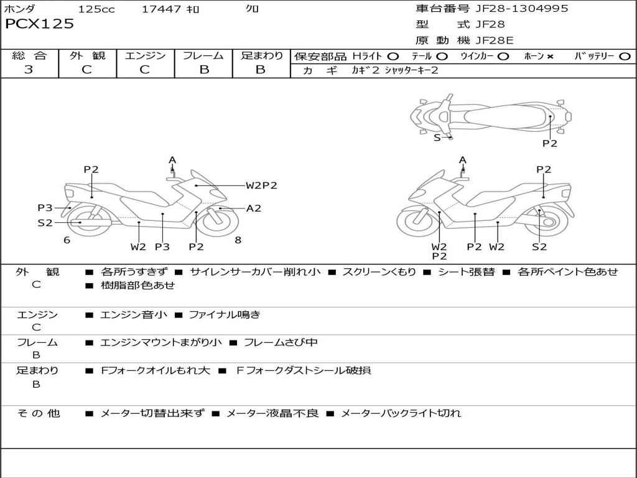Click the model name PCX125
[39, 24]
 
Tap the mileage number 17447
[161, 9]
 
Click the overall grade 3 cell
[29, 70]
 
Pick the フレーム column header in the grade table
[203, 56]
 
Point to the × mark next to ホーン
[550, 57]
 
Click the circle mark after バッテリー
[625, 57]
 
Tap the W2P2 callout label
[261, 185]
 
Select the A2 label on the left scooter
[253, 209]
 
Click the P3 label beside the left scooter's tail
[45, 208]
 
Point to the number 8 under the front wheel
[238, 240]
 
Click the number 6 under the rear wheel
[67, 240]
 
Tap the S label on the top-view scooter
[437, 138]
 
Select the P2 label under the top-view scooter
[549, 143]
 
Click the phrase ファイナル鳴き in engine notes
[224, 315]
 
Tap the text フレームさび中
[281, 342]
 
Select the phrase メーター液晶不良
[272, 413]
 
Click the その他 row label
[39, 413]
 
